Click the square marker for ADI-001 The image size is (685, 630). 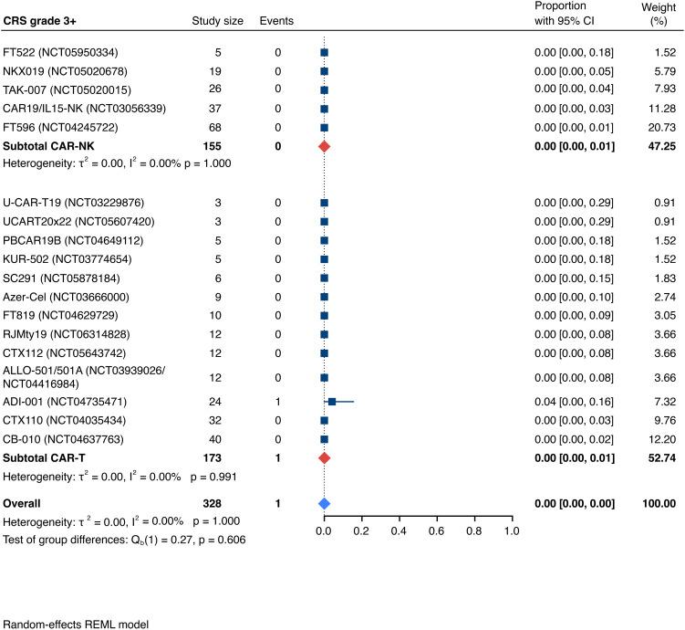(332, 402)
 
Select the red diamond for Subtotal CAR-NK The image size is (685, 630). (324, 146)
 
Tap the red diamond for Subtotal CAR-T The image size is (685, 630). (324, 457)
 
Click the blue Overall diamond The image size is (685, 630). (324, 503)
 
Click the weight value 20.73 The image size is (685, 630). (664, 128)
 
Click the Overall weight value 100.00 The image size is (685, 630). (661, 503)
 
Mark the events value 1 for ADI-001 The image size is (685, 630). (278, 402)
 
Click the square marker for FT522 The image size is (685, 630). (324, 52)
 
